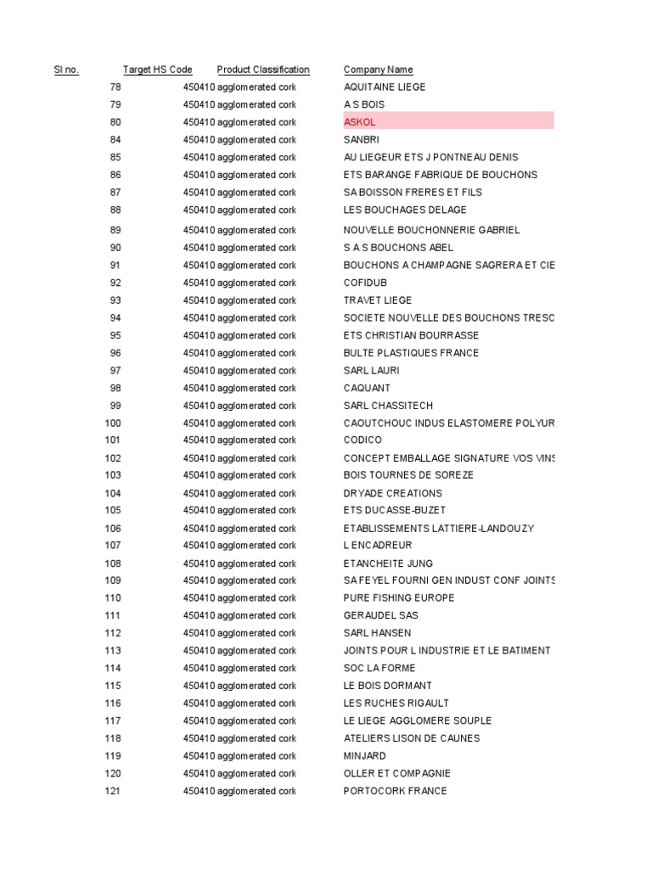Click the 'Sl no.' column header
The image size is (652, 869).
tap(66, 70)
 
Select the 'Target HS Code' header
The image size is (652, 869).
tap(157, 70)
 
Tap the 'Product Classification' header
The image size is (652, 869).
tap(263, 70)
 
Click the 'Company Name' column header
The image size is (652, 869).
tap(378, 70)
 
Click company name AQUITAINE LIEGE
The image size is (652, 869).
tap(385, 87)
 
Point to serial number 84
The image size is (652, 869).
tap(115, 140)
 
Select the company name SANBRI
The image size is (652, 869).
tap(363, 140)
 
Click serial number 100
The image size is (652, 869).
tap(113, 423)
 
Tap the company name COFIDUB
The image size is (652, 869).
tap(366, 283)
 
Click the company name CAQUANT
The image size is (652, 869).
tap(367, 388)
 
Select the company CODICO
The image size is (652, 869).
tap(363, 440)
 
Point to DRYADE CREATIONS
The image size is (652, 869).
tap(392, 493)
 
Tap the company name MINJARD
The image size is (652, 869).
tap(365, 756)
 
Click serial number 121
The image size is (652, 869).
tap(113, 791)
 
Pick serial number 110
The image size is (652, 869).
tap(113, 598)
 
